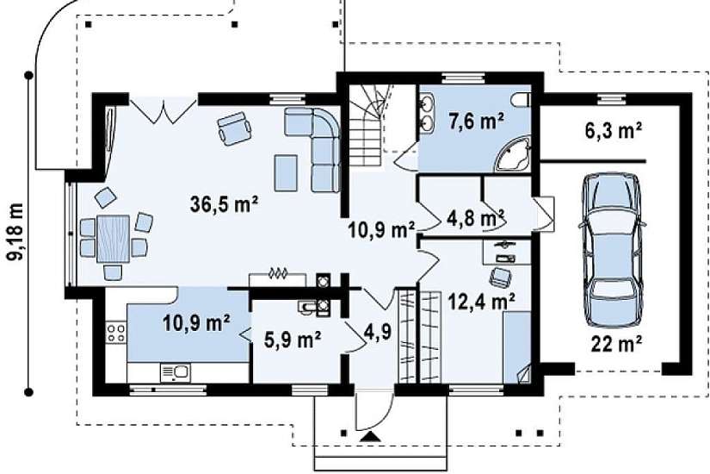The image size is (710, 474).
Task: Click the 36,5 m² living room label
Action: (224, 204)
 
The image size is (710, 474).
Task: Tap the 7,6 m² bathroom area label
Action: (477, 122)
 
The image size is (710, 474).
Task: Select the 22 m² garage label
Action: (616, 344)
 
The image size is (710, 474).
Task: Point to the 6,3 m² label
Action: (613, 131)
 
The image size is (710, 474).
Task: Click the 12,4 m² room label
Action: (481, 301)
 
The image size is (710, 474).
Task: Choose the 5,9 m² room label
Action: (293, 340)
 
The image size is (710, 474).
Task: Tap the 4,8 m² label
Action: (475, 218)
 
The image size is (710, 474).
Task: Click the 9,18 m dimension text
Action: (16, 231)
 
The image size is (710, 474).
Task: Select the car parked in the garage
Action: (613, 250)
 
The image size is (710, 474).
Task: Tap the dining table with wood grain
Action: (114, 239)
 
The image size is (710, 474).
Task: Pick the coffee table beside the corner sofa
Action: (287, 173)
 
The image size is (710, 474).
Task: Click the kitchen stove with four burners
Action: (116, 334)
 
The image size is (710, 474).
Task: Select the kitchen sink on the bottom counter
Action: (176, 373)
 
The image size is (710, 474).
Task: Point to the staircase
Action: (369, 126)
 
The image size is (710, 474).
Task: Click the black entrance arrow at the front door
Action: (371, 437)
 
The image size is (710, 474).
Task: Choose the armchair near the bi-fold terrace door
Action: (234, 128)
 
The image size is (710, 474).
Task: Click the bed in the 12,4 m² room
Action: (516, 347)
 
